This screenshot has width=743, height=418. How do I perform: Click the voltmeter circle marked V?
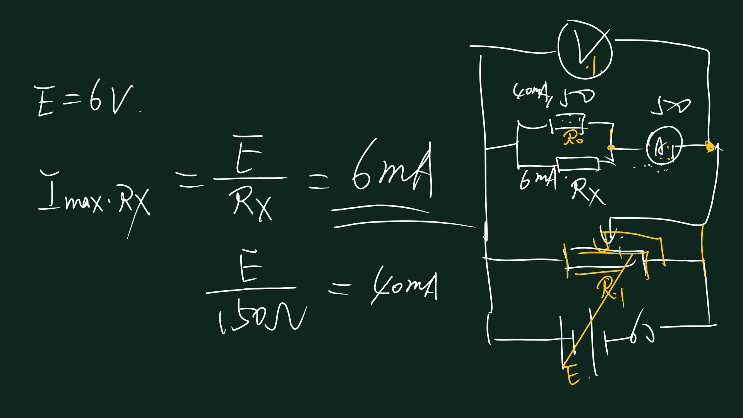click(x=585, y=50)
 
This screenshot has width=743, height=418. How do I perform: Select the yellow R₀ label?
click(x=573, y=138)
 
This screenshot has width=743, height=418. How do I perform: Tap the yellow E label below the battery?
click(x=573, y=375)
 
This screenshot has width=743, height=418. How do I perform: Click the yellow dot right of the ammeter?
click(x=709, y=146)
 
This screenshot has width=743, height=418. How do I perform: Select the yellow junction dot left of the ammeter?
click(x=611, y=147)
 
